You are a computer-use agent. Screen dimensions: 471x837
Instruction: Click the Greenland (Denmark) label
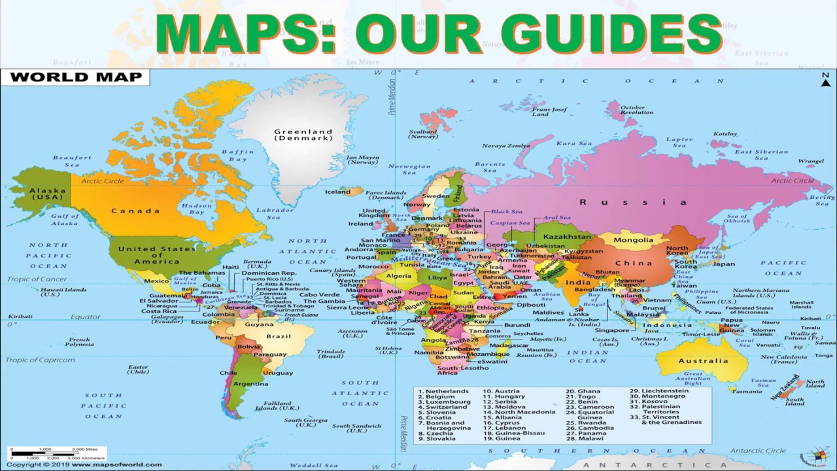(303, 135)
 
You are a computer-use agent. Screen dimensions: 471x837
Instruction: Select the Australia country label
(703, 360)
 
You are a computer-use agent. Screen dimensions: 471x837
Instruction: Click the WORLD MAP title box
(75, 77)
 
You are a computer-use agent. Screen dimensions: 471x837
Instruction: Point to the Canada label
(135, 211)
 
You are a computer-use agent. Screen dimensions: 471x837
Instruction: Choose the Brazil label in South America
(278, 336)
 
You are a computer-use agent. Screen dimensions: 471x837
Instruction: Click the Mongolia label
(633, 240)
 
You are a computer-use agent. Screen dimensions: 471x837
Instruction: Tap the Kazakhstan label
(567, 236)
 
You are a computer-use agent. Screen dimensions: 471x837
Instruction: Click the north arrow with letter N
(825, 79)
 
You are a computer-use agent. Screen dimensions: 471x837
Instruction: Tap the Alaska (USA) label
(47, 194)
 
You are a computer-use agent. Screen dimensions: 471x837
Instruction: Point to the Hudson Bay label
(196, 209)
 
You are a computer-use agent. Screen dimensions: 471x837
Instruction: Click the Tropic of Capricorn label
(41, 360)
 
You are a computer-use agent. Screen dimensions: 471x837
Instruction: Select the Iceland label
(337, 192)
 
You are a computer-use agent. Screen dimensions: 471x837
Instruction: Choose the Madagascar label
(509, 345)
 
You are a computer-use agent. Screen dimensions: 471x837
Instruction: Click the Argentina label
(250, 383)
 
